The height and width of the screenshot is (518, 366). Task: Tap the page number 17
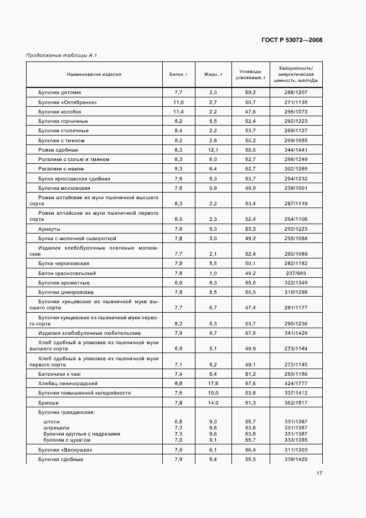[319, 473]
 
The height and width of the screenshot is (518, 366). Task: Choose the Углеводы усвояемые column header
[250, 74]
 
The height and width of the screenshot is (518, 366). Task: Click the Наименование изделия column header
[94, 74]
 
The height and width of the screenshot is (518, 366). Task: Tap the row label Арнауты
[49, 229]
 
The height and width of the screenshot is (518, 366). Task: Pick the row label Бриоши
[48, 402]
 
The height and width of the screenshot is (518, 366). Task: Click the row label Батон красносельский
[67, 273]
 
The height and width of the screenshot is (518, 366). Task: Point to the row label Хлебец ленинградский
[68, 383]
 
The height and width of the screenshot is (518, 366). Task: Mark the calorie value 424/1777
[296, 383]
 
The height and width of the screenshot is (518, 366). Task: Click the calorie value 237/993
[296, 273]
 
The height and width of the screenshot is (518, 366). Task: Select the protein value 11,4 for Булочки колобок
[178, 111]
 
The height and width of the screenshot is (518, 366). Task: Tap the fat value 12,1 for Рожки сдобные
[213, 149]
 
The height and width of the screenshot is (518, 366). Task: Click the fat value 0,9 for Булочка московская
[213, 188]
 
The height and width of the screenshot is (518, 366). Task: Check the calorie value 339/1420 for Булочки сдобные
[296, 459]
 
